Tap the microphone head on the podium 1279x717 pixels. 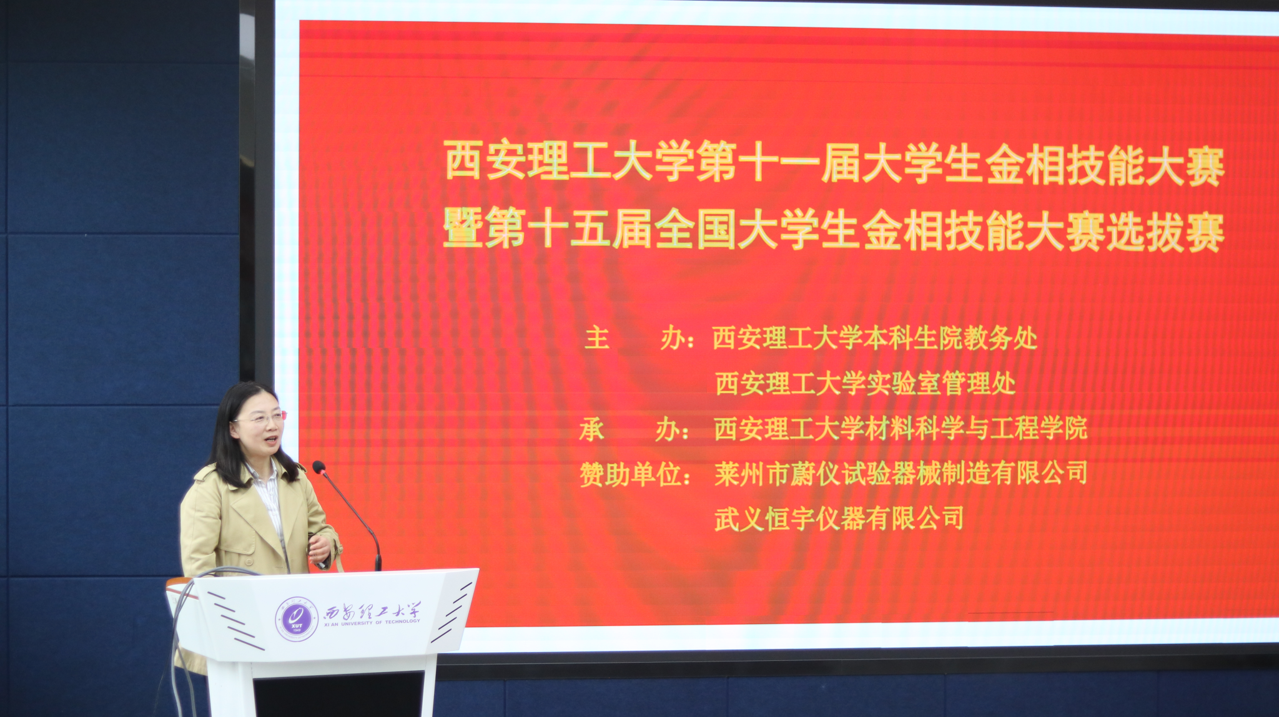pos(319,467)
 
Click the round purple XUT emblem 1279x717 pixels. pos(297,620)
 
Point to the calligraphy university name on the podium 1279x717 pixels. pos(372,611)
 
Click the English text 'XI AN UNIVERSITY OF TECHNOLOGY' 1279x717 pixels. pos(372,623)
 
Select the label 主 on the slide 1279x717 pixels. pos(597,338)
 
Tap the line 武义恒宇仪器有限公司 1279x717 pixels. pos(839,519)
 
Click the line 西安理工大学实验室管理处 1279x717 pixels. pos(866,383)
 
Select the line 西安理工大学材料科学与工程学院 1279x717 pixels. pos(901,429)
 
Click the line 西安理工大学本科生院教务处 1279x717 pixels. pos(875,338)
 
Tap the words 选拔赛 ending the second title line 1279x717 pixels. pos(1165,232)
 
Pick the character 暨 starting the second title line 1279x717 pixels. pos(463,227)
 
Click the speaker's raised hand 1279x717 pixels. pos(319,549)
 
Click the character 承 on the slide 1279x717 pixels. pos(591,429)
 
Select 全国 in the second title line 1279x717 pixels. pos(695,229)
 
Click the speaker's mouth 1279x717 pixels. pos(270,441)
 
